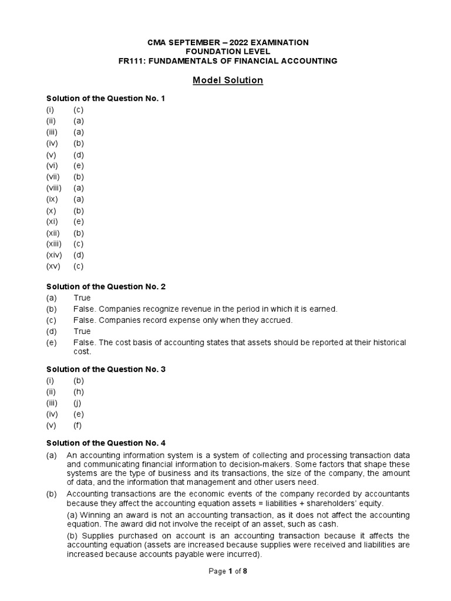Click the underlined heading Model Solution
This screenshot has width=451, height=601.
(x=228, y=80)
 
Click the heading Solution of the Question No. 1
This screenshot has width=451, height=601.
(x=106, y=99)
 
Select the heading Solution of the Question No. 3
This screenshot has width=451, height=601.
(x=106, y=369)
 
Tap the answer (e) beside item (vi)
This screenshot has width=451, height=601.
(x=79, y=166)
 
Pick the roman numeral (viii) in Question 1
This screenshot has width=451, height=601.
(x=54, y=188)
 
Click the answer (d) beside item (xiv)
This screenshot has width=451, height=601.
(x=79, y=255)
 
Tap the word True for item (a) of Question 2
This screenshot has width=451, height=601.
(x=82, y=298)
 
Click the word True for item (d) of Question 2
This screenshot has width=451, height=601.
(x=82, y=331)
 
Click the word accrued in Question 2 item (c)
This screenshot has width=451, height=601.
(x=276, y=320)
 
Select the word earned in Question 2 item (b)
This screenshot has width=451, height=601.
(x=325, y=309)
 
